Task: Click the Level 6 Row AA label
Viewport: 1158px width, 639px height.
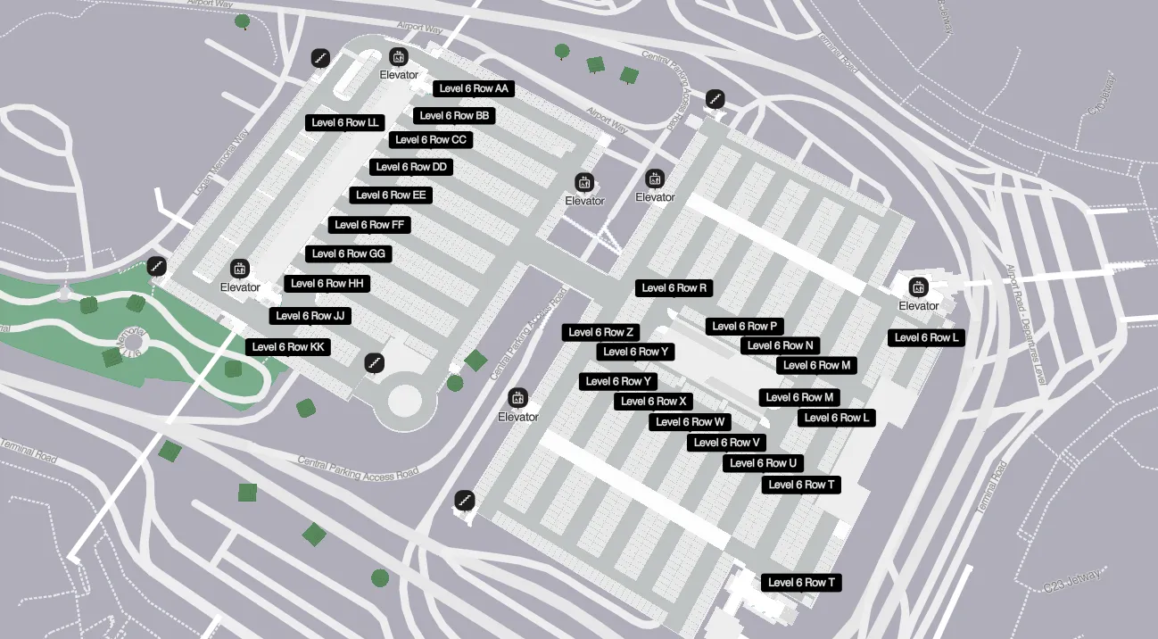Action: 474,89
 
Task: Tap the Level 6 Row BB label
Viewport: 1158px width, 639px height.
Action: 454,116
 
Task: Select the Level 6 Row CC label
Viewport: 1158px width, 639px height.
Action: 431,140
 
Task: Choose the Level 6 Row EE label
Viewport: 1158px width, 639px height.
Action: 391,195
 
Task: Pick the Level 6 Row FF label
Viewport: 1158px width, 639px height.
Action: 369,225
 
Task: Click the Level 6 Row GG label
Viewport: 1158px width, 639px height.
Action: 348,254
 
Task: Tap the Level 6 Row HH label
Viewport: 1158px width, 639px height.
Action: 327,284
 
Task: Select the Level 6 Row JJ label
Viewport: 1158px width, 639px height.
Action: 310,316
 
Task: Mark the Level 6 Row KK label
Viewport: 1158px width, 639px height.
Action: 288,347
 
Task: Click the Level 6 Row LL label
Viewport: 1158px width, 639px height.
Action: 345,123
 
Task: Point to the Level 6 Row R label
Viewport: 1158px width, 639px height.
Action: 674,288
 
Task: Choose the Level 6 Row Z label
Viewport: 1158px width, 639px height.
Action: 600,333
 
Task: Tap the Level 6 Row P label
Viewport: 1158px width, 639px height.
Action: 745,327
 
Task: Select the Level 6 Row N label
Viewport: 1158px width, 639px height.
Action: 781,345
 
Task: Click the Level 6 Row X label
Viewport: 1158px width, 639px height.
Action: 654,402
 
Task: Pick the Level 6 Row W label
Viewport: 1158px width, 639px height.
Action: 691,422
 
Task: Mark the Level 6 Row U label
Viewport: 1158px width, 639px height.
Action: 763,463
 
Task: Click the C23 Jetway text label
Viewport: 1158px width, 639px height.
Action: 1071,580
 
